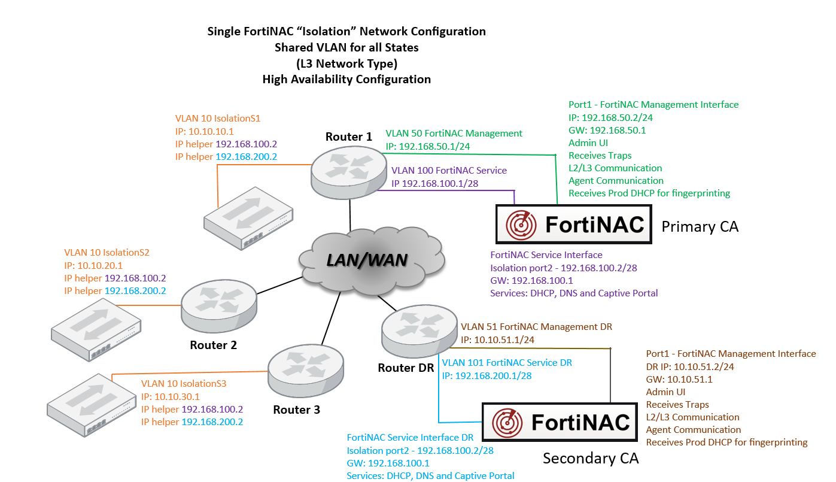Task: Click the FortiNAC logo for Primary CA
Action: click(574, 225)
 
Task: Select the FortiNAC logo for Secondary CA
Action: click(559, 423)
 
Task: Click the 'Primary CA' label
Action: click(700, 226)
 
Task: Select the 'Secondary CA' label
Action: click(591, 459)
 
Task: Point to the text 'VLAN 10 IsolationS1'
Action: click(218, 119)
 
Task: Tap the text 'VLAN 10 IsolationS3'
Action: click(184, 383)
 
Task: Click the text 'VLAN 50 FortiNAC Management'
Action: click(454, 134)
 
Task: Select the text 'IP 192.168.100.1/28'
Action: click(434, 183)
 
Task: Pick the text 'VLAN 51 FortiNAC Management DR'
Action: click(536, 327)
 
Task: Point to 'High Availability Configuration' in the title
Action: click(346, 79)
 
